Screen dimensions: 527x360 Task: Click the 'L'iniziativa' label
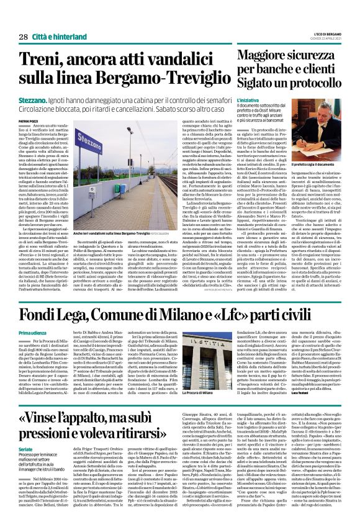tap(247, 99)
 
